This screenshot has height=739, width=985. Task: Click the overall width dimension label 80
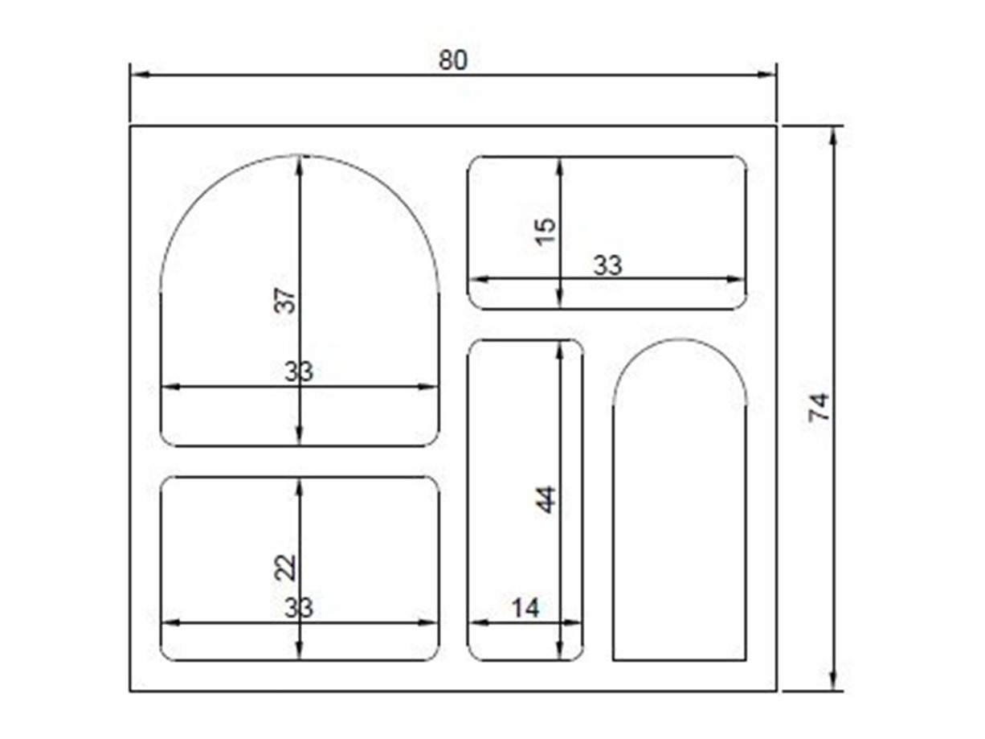(x=453, y=60)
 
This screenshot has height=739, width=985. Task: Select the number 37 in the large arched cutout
(x=285, y=301)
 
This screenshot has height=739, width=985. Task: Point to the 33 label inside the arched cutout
(x=299, y=372)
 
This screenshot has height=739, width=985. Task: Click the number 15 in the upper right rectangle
(x=546, y=232)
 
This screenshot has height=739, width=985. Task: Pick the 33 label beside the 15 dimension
(x=607, y=265)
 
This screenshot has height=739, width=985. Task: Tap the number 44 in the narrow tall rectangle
(x=546, y=499)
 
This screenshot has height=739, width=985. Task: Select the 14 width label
(x=525, y=609)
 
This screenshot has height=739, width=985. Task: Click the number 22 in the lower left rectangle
(x=285, y=568)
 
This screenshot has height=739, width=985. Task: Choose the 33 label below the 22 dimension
(x=299, y=608)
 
